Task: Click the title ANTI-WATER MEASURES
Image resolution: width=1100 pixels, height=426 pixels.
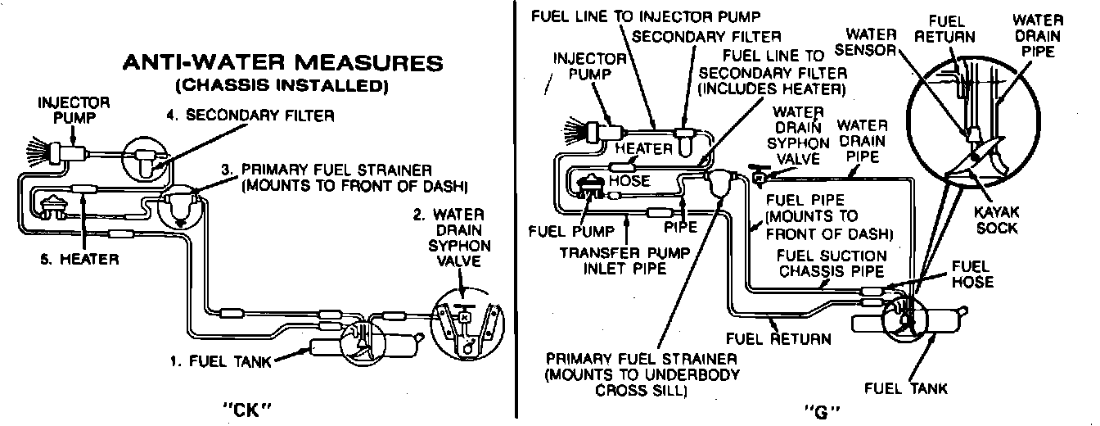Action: [282, 63]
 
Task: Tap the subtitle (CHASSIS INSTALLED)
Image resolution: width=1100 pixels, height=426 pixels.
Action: [282, 84]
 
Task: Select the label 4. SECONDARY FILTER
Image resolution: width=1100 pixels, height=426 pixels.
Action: [250, 116]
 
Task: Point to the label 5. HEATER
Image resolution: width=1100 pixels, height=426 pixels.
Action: [79, 260]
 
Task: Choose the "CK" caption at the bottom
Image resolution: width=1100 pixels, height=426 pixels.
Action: [246, 407]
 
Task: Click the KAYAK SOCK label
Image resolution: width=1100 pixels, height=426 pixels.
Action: [996, 219]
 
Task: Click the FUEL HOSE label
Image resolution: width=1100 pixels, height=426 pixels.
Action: [972, 274]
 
